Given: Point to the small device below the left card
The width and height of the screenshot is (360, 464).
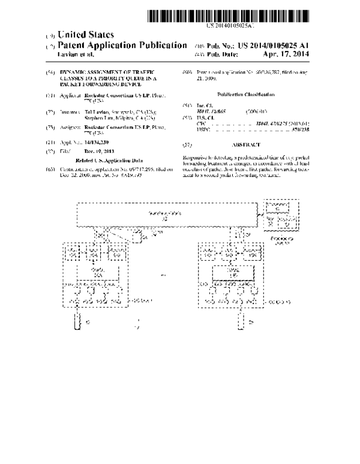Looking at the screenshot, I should click(x=76, y=323).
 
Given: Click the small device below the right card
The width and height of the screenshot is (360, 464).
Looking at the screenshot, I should click(x=241, y=323).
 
